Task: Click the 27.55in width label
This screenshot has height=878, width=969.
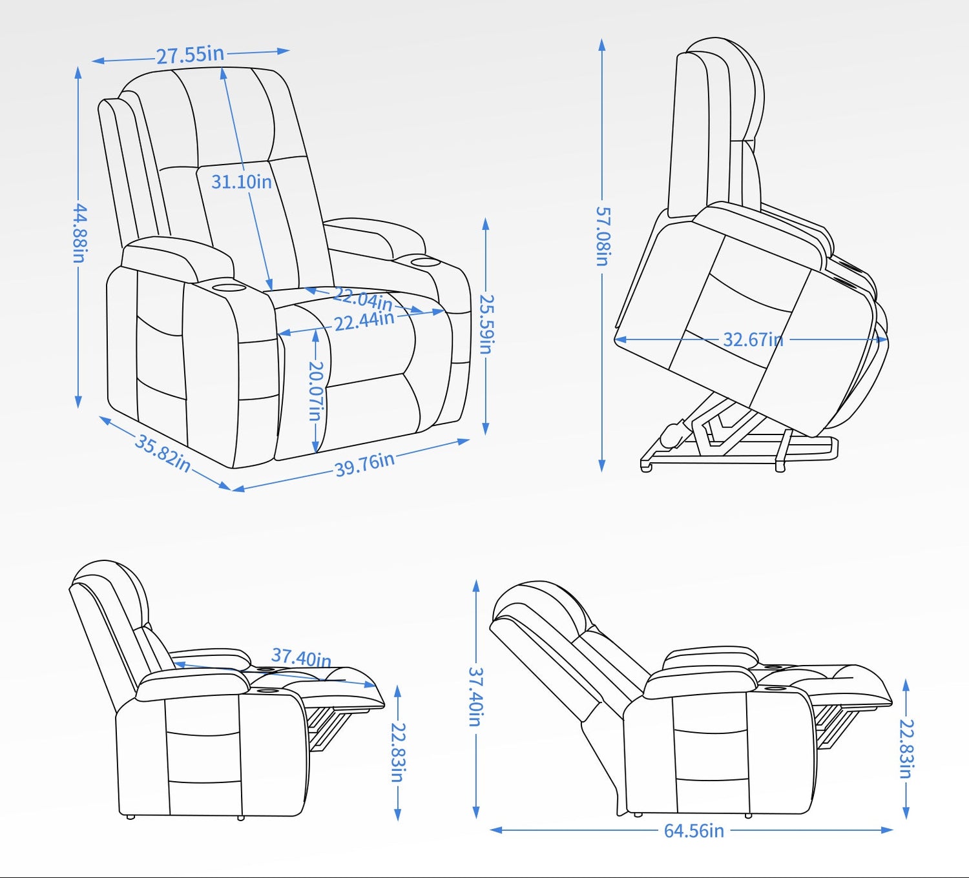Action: (191, 55)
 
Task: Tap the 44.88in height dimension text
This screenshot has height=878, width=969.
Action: (79, 233)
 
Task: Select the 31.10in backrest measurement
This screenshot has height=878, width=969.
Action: (242, 181)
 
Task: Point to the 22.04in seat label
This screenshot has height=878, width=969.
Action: (363, 299)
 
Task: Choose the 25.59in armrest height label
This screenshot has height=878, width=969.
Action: (486, 323)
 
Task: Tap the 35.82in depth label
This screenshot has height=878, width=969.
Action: (162, 453)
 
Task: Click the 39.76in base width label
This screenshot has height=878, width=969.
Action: (365, 464)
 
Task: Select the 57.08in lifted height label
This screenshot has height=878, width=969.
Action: (602, 236)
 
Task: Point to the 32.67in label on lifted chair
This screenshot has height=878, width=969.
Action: (753, 340)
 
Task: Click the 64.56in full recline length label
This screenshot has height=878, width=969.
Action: (694, 830)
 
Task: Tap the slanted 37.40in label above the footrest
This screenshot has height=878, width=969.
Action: (302, 657)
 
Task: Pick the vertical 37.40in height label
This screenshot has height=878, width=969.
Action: (476, 697)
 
